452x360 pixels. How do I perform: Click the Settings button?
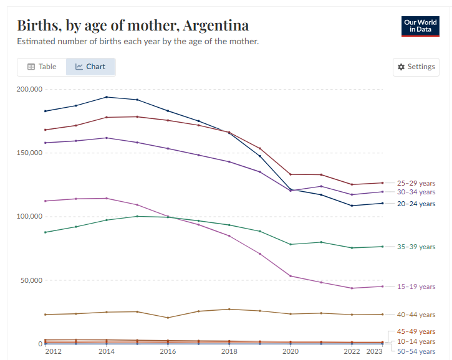416,67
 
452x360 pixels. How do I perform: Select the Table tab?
42,67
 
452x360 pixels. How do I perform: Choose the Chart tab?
90,67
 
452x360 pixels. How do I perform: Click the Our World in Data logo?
420,26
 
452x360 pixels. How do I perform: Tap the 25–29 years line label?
416,184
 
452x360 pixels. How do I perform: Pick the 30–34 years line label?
416,192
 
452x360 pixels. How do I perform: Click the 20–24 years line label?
416,204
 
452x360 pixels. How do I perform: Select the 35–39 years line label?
416,247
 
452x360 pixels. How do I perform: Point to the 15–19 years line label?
416,287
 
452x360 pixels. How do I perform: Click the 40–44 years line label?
416,315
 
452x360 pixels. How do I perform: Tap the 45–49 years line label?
416,331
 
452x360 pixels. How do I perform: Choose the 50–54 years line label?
416,352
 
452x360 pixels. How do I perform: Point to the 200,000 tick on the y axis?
29,90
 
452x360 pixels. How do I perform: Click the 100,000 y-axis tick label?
29,217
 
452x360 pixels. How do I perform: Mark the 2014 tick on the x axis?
107,352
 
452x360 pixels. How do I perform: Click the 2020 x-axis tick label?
291,352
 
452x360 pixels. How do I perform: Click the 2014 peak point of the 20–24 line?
107,97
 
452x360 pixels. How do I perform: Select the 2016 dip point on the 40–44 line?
168,318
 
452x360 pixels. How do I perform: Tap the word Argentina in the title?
214,26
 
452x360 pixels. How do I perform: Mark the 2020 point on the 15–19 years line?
291,276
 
